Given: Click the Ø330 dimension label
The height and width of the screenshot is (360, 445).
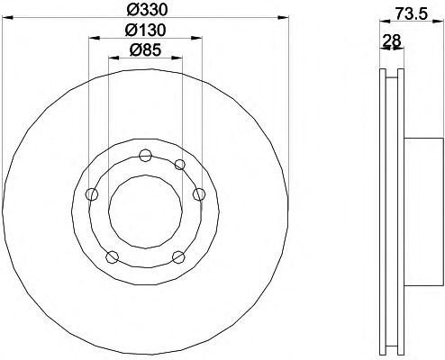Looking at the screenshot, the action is click(147, 10).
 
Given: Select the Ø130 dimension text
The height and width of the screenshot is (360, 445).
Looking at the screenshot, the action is click(145, 30).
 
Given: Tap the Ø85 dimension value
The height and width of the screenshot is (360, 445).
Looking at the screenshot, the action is click(145, 49).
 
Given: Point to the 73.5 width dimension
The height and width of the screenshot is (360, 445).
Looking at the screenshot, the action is click(411, 13).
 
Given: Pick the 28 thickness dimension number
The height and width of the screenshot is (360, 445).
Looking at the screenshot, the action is click(392, 40).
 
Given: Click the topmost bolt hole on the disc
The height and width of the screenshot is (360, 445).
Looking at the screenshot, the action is click(145, 155).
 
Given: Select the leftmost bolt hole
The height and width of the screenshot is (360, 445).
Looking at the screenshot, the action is click(92, 194).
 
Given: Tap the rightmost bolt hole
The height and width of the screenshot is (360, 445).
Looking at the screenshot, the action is click(199, 194).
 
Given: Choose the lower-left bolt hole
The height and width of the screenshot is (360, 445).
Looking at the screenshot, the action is click(113, 257).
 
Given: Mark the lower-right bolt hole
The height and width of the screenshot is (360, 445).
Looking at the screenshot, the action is click(178, 257).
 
